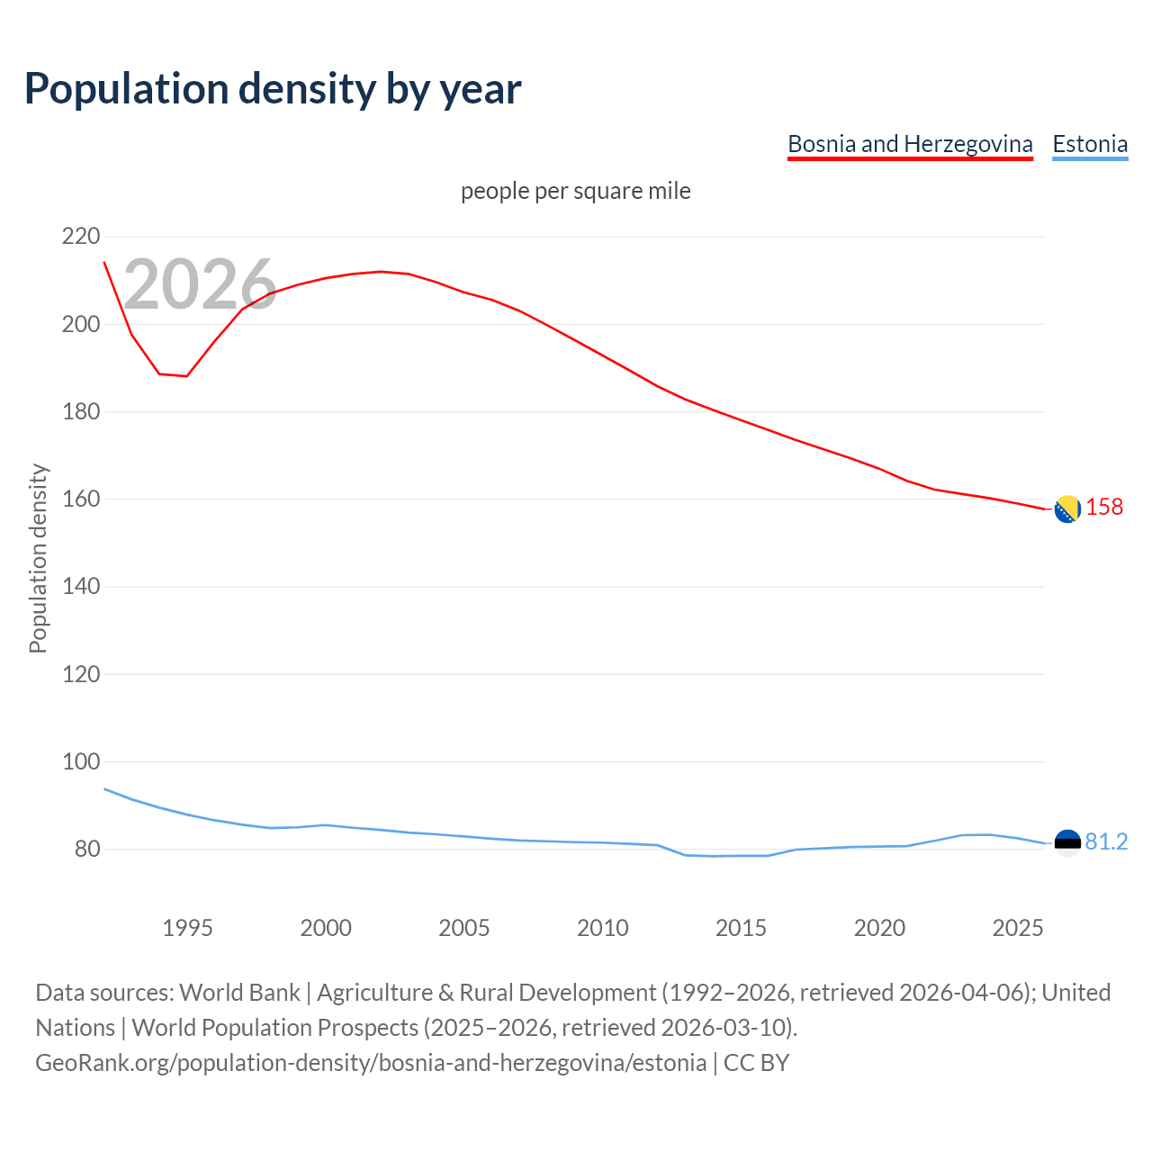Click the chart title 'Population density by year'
(x=273, y=89)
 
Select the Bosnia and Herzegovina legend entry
(x=910, y=144)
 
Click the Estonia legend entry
(x=1090, y=144)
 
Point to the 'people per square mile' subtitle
(x=576, y=191)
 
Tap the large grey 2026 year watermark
(x=200, y=284)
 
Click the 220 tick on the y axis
(x=81, y=237)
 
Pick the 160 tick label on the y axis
(x=81, y=499)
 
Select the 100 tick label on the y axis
(x=81, y=762)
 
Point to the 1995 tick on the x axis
(x=187, y=928)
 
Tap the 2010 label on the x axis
(x=602, y=928)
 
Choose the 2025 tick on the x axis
(x=1017, y=928)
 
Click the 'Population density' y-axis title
(x=38, y=558)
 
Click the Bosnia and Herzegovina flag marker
(x=1067, y=509)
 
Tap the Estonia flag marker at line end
(x=1067, y=843)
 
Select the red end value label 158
(x=1104, y=508)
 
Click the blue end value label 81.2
(x=1106, y=841)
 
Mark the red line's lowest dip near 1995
(x=186, y=376)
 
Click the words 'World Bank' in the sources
(x=239, y=993)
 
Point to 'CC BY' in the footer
(x=756, y=1063)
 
